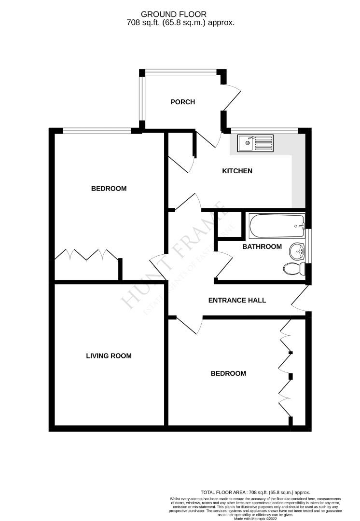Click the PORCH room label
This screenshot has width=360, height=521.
pyautogui.click(x=183, y=102)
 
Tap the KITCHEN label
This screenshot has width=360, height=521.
pyautogui.click(x=237, y=171)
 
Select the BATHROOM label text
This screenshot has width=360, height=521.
pyautogui.click(x=262, y=247)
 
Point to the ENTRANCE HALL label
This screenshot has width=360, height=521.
pyautogui.click(x=237, y=300)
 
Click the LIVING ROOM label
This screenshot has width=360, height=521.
pyautogui.click(x=109, y=356)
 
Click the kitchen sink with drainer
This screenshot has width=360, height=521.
pyautogui.click(x=255, y=142)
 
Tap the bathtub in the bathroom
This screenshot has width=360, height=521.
pyautogui.click(x=277, y=226)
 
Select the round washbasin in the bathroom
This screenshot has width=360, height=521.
pyautogui.click(x=297, y=251)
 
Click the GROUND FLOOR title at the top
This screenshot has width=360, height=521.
pyautogui.click(x=180, y=15)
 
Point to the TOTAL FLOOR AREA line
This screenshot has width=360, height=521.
pyautogui.click(x=255, y=492)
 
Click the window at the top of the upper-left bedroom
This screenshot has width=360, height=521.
pyautogui.click(x=97, y=130)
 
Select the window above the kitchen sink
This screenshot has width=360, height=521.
pyautogui.click(x=264, y=130)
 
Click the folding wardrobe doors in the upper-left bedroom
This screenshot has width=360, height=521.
pyautogui.click(x=86, y=254)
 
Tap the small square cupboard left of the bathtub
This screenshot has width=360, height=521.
pyautogui.click(x=223, y=225)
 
